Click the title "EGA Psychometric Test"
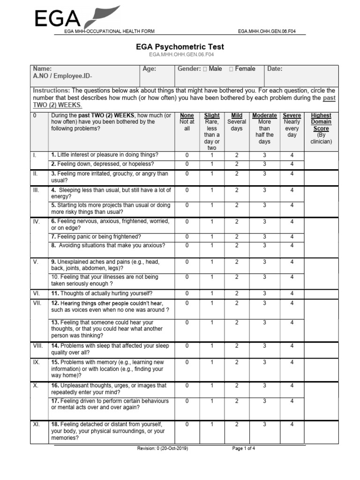pyautogui.click(x=180, y=47)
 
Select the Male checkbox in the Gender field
pyautogui.click(x=206, y=69)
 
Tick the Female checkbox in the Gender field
pyautogui.click(x=232, y=69)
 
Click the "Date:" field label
pyautogui.click(x=275, y=69)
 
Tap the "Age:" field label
pyautogui.click(x=149, y=69)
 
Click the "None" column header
pyautogui.click(x=187, y=115)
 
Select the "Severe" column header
pyautogui.click(x=292, y=115)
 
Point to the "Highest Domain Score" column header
pyautogui.click(x=321, y=122)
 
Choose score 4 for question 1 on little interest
pyautogui.click(x=292, y=155)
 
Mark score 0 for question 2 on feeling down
pyautogui.click(x=187, y=164)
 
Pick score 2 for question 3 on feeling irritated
pyautogui.click(x=237, y=174)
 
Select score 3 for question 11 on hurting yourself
pyautogui.click(x=264, y=293)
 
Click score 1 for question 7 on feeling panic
pyautogui.click(x=212, y=237)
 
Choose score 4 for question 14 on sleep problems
pyautogui.click(x=292, y=346)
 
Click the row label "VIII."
pyautogui.click(x=37, y=346)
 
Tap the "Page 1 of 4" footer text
pyautogui.click(x=244, y=449)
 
